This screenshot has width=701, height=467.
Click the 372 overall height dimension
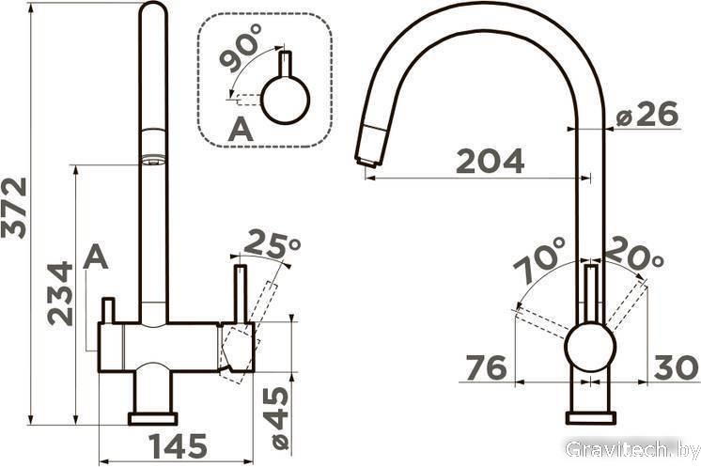(x=14, y=209)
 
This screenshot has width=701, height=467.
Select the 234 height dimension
(x=60, y=293)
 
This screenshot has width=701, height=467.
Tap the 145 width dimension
(x=178, y=446)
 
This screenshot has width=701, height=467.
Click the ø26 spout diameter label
(x=646, y=114)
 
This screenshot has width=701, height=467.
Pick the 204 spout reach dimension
(x=490, y=161)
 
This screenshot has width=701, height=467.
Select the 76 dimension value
(x=487, y=367)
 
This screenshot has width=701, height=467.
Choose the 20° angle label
(x=634, y=253)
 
